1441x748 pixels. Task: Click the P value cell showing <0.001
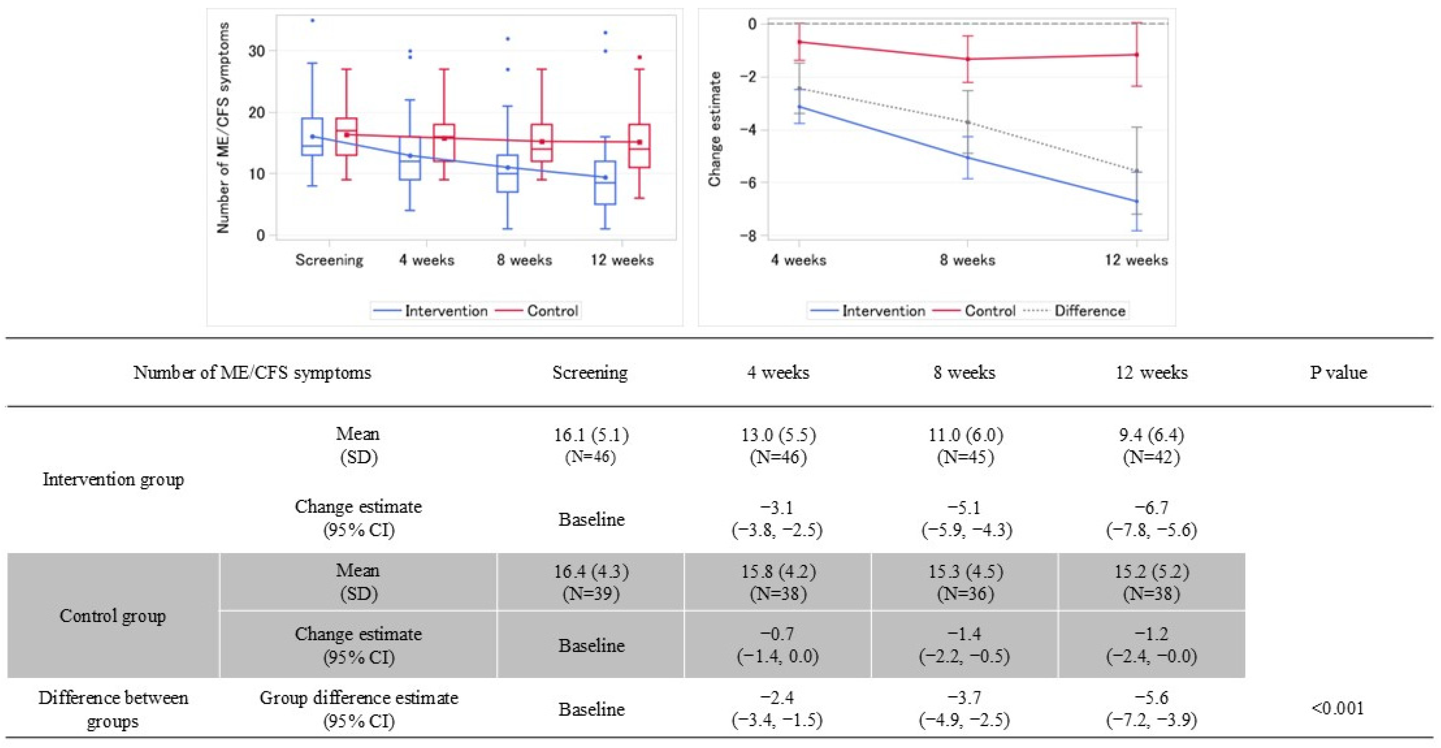tap(1337, 708)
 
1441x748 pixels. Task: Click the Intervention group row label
tap(113, 479)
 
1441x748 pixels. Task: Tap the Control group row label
tap(113, 616)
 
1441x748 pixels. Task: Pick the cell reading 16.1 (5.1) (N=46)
tap(591, 445)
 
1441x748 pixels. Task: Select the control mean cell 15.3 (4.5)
tap(965, 582)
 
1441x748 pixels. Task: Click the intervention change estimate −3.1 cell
tap(777, 518)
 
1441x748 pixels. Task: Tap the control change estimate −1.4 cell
tap(965, 645)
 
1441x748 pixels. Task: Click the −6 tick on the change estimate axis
tap(747, 182)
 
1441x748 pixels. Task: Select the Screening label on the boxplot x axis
tap(329, 260)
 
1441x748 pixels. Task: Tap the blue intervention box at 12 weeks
tap(605, 183)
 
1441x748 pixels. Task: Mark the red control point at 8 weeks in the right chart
tap(967, 59)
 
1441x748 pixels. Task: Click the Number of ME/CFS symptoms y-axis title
tap(223, 128)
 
